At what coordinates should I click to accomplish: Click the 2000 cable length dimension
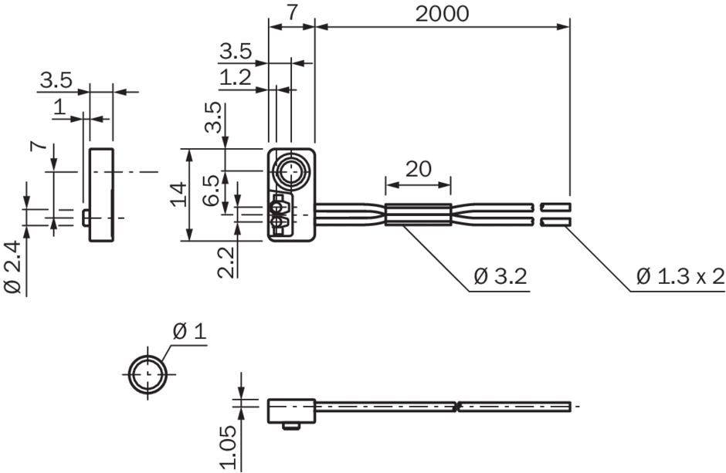[x=442, y=14]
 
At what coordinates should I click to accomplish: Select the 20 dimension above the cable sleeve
[x=418, y=169]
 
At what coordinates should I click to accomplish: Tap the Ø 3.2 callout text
[x=500, y=276]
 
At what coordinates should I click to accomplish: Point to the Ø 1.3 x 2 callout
[x=680, y=276]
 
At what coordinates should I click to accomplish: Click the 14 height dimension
[x=178, y=194]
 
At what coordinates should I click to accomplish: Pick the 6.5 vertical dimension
[x=212, y=190]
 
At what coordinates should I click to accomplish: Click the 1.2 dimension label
[x=236, y=78]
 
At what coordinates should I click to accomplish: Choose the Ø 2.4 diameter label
[x=13, y=267]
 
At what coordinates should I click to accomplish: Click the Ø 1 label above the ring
[x=190, y=332]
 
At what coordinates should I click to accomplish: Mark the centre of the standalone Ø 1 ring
[x=148, y=373]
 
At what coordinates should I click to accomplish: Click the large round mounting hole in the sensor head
[x=290, y=172]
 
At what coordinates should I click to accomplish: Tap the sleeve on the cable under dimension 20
[x=418, y=215]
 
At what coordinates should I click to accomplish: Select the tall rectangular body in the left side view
[x=101, y=194]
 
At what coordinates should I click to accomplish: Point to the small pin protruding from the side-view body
[x=87, y=218]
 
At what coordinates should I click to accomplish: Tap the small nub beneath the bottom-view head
[x=291, y=426]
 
